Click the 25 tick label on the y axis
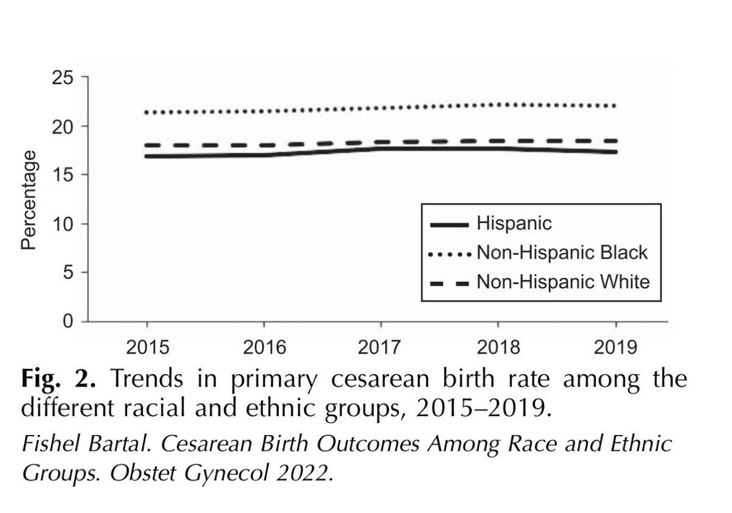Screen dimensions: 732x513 click(x=62, y=78)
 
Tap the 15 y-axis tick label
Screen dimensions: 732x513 click(x=62, y=175)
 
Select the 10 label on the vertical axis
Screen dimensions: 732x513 click(x=62, y=225)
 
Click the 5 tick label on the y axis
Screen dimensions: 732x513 click(x=68, y=272)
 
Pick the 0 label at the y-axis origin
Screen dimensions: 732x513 click(x=68, y=322)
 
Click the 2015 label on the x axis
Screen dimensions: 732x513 click(x=148, y=347)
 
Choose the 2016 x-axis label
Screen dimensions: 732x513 click(x=264, y=347)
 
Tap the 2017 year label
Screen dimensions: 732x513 click(x=379, y=347)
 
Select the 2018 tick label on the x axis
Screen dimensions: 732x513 click(x=498, y=347)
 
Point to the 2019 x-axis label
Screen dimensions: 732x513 click(x=615, y=347)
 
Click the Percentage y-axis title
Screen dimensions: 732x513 click(x=29, y=200)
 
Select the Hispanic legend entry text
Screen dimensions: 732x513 click(x=514, y=224)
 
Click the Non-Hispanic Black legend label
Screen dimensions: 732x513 click(x=562, y=253)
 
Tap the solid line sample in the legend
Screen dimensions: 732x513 click(x=450, y=225)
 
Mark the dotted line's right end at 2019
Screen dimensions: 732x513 click(x=614, y=106)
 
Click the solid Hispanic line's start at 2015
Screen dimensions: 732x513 click(x=146, y=156)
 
